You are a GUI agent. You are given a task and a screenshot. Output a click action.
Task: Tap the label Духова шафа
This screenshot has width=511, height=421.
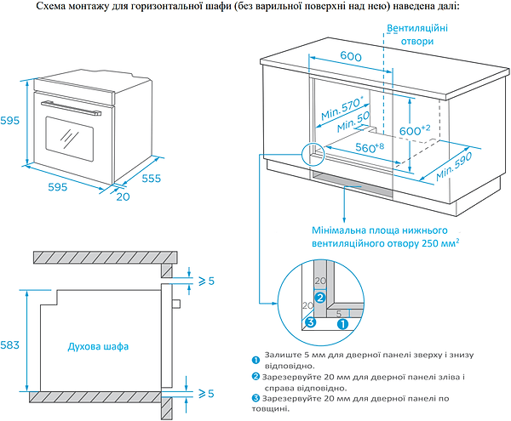click(x=99, y=346)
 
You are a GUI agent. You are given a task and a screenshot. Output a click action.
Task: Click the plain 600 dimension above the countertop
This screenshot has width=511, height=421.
click(x=350, y=55)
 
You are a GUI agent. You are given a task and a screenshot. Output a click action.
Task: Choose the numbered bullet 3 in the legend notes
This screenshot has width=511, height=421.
click(x=256, y=398)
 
